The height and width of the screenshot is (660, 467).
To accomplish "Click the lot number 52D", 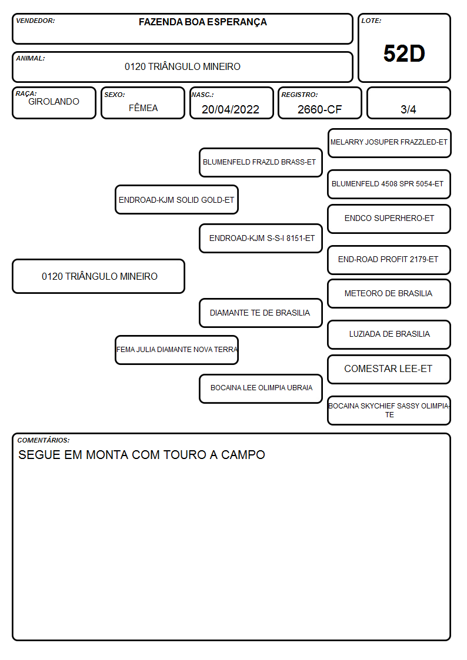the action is point(404,53).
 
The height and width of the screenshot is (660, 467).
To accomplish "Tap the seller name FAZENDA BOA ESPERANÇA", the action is point(202,22).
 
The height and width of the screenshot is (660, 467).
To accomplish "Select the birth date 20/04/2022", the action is point(231,109).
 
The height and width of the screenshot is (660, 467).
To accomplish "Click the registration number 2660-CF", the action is point(319,109).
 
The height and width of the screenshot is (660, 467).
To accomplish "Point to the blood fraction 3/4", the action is point(408,109).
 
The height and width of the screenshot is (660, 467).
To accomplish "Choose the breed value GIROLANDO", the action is point(54,102).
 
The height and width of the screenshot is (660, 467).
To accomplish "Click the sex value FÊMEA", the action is point(143,108).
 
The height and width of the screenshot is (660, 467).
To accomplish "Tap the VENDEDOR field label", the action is point(35,21).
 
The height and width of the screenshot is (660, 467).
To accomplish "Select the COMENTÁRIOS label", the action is point(44,440).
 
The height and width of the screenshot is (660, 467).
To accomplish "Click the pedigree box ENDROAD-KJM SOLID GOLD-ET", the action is point(176,199).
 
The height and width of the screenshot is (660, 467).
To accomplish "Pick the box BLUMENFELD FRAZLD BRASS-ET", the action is point(261,162).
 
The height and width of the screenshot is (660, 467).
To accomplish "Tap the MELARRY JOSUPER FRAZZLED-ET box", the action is point(389,143).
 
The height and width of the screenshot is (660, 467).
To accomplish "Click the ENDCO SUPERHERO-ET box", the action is point(389,219).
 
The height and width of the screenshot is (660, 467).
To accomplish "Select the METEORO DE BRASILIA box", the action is point(389,294).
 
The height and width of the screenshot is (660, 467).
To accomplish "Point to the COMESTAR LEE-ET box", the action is point(389,369).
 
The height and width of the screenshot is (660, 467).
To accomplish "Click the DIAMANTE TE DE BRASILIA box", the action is point(261,313).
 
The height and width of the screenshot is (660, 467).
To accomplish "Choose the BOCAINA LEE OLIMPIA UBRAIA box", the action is point(261,388).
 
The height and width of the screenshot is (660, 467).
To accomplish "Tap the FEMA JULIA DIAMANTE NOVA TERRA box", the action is point(176,350).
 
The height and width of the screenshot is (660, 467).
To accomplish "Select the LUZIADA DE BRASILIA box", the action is point(389,334).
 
